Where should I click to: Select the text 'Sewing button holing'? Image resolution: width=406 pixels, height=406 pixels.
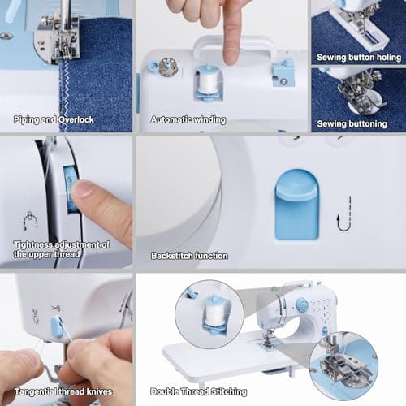(x=360, y=58)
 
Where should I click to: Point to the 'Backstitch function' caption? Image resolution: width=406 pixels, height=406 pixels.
(x=189, y=256)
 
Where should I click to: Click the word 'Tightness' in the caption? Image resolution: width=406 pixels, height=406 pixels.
(x=34, y=244)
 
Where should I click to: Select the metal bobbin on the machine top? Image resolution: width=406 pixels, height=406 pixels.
(x=168, y=67)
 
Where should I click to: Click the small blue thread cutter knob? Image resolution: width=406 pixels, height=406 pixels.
(x=58, y=327)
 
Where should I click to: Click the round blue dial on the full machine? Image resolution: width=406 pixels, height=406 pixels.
(x=301, y=305)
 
